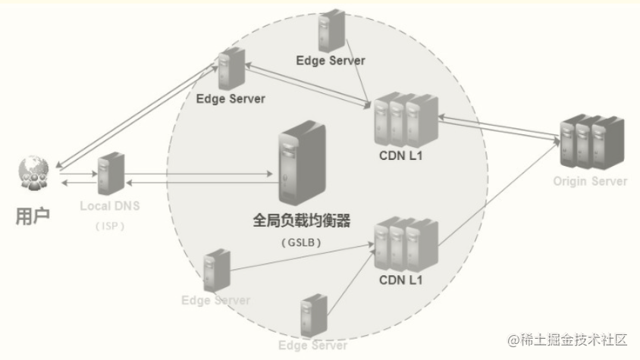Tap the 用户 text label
click(33, 216)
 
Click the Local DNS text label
click(111, 206)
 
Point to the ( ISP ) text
click(111, 225)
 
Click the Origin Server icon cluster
click(590, 142)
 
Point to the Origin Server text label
click(590, 181)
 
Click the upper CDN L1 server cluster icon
click(406, 118)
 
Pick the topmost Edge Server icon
click(331, 31)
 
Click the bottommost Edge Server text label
click(312, 345)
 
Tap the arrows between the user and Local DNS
click(77, 179)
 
